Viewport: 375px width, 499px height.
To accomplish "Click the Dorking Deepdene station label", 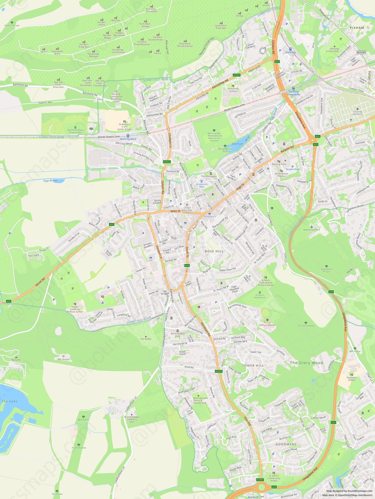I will [293, 93].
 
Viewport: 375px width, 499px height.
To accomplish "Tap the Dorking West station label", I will [128, 139].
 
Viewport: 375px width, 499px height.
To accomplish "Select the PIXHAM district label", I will [357, 28].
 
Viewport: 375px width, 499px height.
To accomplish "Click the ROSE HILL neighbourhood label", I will [214, 251].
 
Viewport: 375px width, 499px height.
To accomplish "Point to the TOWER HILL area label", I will [253, 366].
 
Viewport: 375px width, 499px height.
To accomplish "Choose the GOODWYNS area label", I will [286, 444].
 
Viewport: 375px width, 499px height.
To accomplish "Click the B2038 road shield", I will [361, 52].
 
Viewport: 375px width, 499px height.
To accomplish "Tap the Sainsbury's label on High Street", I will [210, 216].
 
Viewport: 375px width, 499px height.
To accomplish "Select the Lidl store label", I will [151, 261].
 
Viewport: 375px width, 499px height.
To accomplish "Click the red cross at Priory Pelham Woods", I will [267, 320].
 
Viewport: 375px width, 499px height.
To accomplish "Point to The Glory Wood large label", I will [306, 363].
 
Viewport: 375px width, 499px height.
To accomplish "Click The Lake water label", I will [9, 401].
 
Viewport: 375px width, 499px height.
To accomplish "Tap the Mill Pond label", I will [237, 144].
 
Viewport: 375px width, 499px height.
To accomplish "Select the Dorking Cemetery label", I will [358, 113].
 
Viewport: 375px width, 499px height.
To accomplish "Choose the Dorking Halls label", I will [279, 164].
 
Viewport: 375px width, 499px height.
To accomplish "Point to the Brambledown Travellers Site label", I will [132, 419].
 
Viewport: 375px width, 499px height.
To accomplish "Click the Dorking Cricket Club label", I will [334, 50].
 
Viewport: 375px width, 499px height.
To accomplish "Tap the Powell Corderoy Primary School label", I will [75, 309].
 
